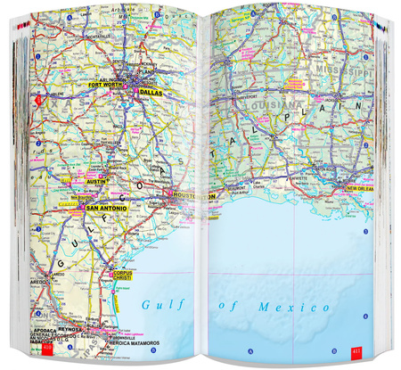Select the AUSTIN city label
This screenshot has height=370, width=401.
[x=98, y=182]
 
